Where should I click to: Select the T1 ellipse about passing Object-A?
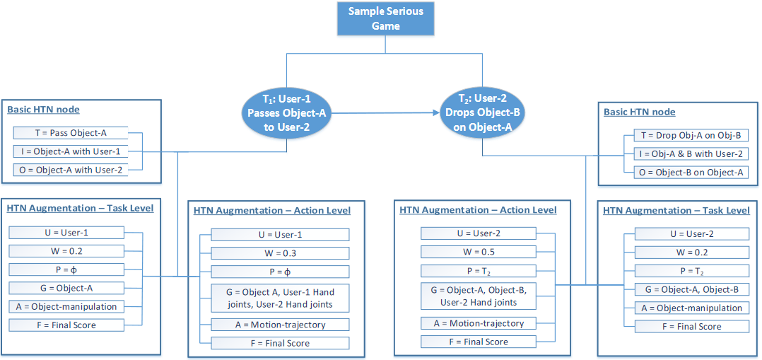[x=286, y=113]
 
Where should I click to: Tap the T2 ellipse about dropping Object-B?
[x=482, y=113]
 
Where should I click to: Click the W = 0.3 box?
[x=280, y=253]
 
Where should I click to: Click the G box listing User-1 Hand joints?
[x=280, y=298]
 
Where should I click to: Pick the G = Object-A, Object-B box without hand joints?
[x=691, y=289]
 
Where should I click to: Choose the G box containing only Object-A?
[x=66, y=287]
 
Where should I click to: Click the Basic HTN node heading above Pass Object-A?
[x=43, y=110]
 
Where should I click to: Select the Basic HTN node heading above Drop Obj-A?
[x=639, y=112]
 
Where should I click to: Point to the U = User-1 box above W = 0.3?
[x=280, y=235]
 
